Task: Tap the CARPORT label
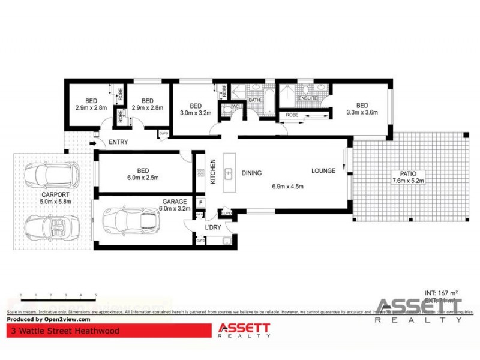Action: click(x=55, y=195)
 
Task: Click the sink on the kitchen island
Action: click(x=229, y=173)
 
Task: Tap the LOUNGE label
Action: click(x=323, y=171)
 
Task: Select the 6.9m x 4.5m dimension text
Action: click(x=288, y=187)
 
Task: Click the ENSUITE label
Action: click(x=308, y=98)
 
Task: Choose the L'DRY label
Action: click(x=213, y=227)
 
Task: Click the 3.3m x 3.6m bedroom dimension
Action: click(x=362, y=112)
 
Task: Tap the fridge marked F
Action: click(x=200, y=202)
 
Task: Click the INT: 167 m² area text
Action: click(x=441, y=293)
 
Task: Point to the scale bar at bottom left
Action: click(x=58, y=296)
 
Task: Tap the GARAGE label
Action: click(x=175, y=202)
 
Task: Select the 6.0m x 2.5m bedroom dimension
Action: click(x=143, y=178)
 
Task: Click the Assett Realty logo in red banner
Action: click(x=243, y=331)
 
